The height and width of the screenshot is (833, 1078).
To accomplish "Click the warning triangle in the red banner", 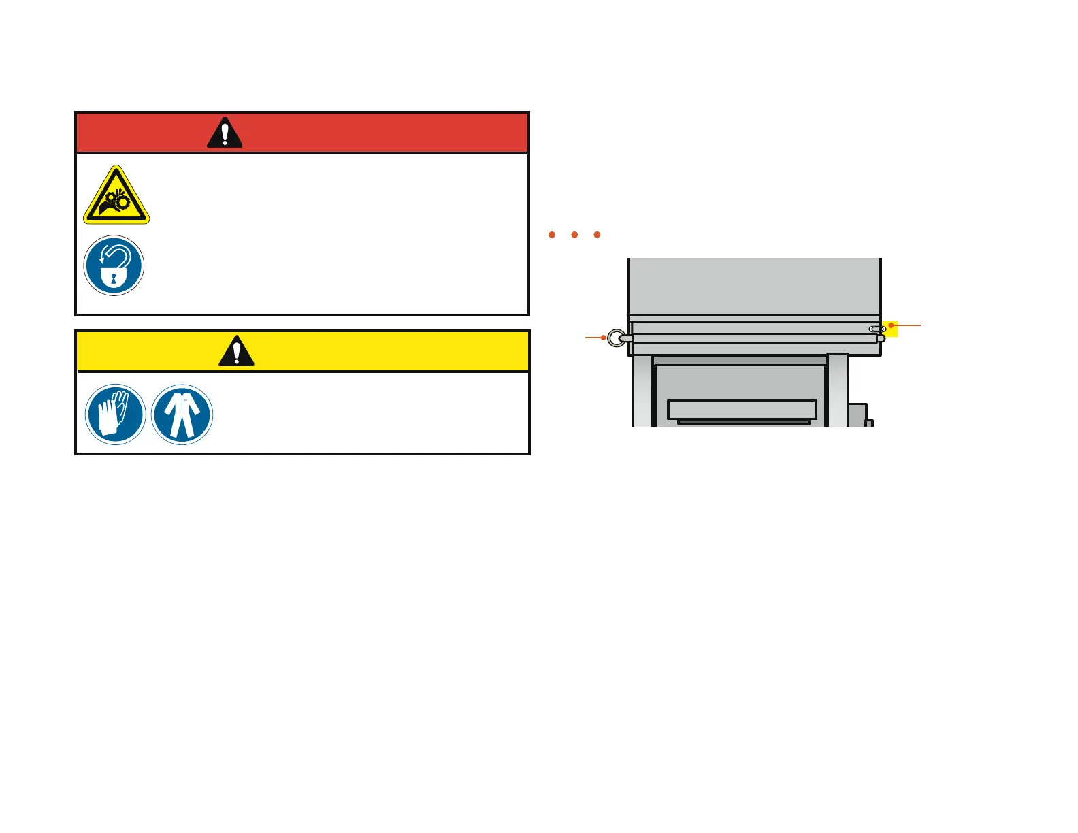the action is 225,133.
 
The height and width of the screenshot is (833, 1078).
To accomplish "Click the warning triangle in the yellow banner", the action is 236,351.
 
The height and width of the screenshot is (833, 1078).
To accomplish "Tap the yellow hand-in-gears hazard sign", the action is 116,197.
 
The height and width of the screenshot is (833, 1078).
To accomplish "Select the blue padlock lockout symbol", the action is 114,265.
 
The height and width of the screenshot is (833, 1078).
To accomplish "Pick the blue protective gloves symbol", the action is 116,414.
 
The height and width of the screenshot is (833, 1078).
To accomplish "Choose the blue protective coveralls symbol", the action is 182,414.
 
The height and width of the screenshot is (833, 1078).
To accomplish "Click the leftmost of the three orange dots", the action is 552,235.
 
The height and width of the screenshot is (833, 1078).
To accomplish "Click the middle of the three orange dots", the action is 574,235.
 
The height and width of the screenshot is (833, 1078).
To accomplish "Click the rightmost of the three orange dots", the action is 597,235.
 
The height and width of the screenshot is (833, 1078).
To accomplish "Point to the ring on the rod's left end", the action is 616,338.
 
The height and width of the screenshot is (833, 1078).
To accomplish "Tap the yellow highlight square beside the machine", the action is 892,329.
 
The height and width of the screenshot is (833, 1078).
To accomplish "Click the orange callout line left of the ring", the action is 593,338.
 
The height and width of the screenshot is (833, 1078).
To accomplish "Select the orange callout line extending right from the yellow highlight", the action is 908,325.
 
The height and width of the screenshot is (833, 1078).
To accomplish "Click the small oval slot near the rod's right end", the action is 877,329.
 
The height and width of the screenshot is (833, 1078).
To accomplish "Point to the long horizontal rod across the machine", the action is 749,338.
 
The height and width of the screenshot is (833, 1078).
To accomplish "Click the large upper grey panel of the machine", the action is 754,286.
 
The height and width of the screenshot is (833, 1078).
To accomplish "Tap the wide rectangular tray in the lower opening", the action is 742,409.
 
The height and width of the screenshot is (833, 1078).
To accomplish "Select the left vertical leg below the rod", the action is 642,391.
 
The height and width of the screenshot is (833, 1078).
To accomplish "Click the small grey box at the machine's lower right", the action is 857,414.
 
